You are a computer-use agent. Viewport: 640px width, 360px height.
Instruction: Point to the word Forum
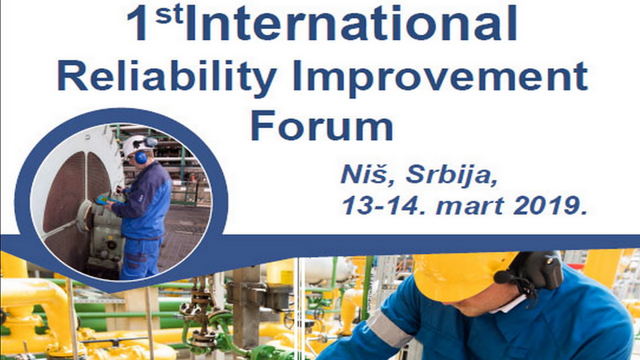tap(322, 127)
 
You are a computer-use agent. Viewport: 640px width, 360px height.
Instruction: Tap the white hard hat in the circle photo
tap(136, 145)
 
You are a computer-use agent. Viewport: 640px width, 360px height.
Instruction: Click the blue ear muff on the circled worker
tap(140, 157)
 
